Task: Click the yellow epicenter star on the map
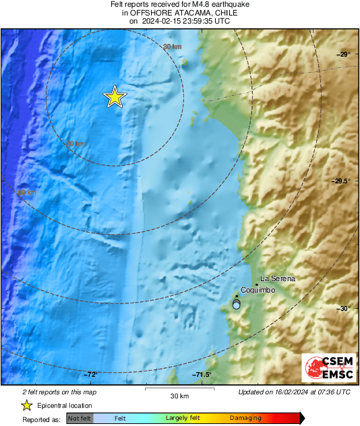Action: point(115,97)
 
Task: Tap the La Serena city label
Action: point(278,279)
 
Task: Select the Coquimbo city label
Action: point(257,290)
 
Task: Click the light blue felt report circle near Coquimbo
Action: point(236,305)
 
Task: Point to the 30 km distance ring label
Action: point(173,47)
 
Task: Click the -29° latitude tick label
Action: point(344,54)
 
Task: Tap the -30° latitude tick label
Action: point(344,309)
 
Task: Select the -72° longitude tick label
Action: point(92,375)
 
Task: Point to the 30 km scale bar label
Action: point(179,395)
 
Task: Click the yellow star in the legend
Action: point(27,405)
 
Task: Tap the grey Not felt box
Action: point(79,419)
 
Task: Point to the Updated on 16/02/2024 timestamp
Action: point(294,392)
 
